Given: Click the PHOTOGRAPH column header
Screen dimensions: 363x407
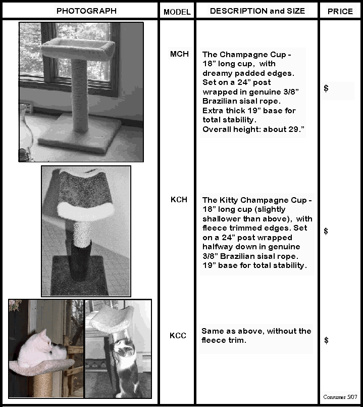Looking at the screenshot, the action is pyautogui.click(x=86, y=11).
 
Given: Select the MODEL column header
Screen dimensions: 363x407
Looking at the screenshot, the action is pyautogui.click(x=177, y=12).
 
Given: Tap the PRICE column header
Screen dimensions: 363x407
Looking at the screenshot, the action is pyautogui.click(x=340, y=12).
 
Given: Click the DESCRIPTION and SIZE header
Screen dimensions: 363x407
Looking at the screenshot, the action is pyautogui.click(x=257, y=11).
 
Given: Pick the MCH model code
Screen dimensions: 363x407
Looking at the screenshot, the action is pyautogui.click(x=179, y=54).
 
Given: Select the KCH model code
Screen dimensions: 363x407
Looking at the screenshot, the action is pyautogui.click(x=179, y=199).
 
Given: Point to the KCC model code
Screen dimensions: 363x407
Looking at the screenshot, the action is pyautogui.click(x=178, y=335).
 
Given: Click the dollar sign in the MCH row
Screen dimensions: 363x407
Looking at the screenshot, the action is pyautogui.click(x=326, y=88).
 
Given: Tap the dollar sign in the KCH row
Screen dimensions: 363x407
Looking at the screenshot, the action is pyautogui.click(x=326, y=231).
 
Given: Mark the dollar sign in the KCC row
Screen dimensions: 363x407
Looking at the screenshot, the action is pyautogui.click(x=327, y=340).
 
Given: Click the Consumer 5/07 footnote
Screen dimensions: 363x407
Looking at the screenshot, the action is pyautogui.click(x=340, y=397).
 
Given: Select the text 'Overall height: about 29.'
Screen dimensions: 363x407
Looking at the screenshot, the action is pyautogui.click(x=253, y=129).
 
